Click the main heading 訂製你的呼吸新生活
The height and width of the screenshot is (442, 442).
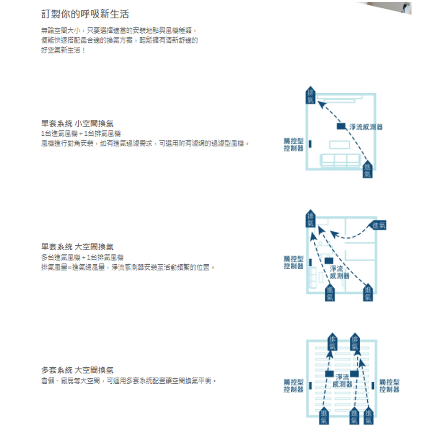(x=85, y=14)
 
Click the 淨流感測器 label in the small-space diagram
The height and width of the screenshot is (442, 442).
(x=366, y=127)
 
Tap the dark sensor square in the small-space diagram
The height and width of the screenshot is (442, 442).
(x=341, y=126)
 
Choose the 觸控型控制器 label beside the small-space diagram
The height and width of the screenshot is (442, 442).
(x=293, y=145)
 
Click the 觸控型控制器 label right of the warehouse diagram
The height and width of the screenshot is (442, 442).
(x=389, y=385)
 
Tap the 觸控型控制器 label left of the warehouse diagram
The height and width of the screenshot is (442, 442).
(x=293, y=385)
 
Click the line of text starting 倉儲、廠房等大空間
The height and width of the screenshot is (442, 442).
(x=129, y=380)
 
